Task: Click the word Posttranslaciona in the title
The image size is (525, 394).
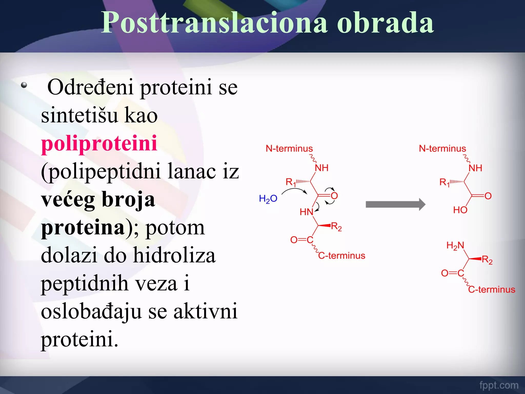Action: pos(214,23)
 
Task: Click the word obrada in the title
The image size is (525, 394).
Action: pos(385,23)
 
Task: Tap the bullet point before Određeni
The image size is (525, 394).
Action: pos(24,85)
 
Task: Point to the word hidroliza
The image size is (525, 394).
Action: pos(174,255)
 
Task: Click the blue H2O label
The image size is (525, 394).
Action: pos(268,199)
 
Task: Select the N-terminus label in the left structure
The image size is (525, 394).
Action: pos(289,149)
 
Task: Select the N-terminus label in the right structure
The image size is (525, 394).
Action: pos(442,149)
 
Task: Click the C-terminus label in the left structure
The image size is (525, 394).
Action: pos(341,256)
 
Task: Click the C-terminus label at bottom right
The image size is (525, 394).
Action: pos(491,290)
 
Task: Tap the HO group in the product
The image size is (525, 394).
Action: pos(460,210)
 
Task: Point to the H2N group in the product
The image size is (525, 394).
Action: pos(455,246)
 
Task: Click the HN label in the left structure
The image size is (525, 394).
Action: pos(306,212)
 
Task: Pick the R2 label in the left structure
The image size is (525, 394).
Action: pos(336,227)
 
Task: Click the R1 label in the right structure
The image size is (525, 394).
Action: pos(444,183)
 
